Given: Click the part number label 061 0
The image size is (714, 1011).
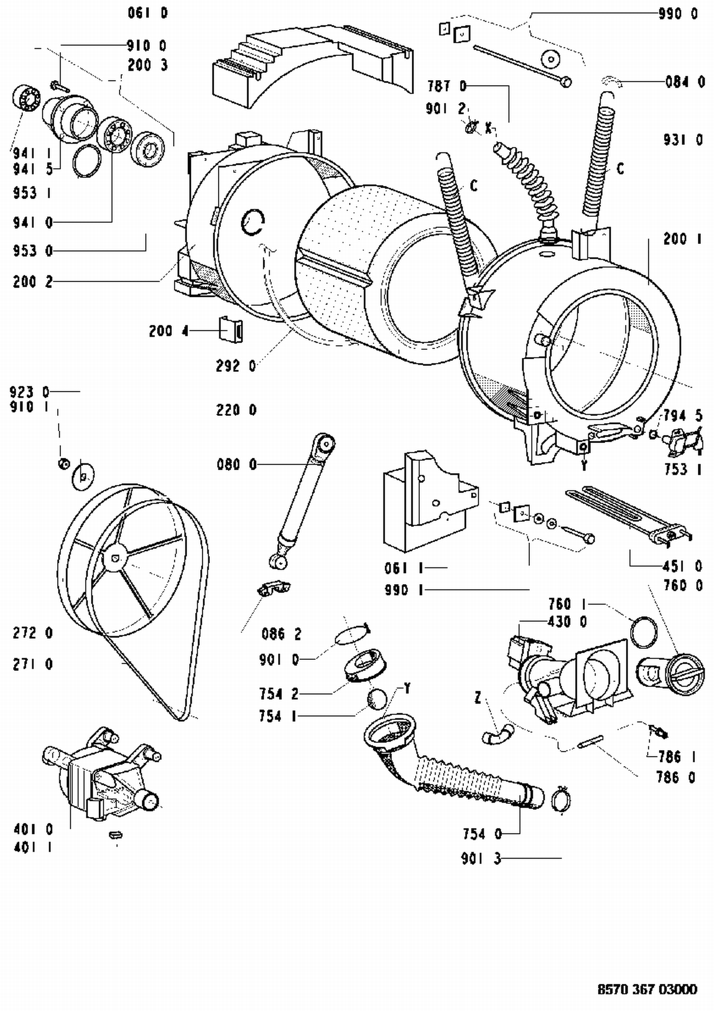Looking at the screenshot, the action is [148, 13].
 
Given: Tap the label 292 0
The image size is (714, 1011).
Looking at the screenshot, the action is [236, 366].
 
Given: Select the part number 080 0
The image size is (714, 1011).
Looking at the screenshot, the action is [237, 464].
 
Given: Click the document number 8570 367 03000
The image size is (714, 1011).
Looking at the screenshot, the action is [647, 990].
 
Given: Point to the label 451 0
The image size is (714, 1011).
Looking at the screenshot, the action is [683, 566].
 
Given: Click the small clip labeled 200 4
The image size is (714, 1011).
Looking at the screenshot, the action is [231, 329].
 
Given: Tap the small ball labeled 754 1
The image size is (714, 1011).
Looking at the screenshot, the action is [377, 699].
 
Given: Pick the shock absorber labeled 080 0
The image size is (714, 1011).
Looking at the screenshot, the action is [303, 500].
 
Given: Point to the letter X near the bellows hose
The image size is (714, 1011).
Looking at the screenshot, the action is [488, 128].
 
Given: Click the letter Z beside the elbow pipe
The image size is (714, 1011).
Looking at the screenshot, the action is [478, 698].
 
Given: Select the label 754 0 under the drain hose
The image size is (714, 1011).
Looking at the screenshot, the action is [482, 834].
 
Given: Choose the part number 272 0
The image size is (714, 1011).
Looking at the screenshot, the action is [33, 633].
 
